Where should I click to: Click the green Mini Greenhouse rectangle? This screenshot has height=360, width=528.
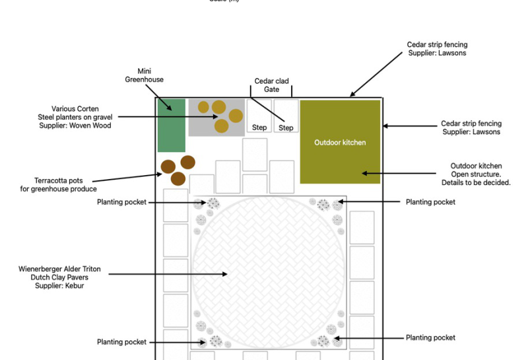(172, 126)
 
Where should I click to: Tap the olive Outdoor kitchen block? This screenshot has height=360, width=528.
(340, 142)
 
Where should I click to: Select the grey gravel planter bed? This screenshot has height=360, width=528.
(216, 118)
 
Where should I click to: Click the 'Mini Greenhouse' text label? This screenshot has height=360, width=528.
(144, 75)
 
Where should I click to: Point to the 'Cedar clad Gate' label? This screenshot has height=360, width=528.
(271, 85)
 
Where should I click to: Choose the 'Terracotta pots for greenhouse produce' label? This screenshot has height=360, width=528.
(58, 185)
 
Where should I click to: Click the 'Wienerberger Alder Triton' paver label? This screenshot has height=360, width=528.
(59, 269)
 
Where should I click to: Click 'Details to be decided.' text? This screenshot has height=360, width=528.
(476, 182)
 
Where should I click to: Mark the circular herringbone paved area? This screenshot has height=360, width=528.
(269, 272)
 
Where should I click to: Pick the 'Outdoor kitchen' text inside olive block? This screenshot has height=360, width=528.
(340, 142)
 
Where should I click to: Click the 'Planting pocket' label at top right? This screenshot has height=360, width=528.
(430, 202)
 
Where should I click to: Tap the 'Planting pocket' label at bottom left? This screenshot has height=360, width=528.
(121, 342)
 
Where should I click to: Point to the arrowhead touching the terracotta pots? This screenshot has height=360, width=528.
(159, 174)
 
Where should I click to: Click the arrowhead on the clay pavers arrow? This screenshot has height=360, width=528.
(224, 274)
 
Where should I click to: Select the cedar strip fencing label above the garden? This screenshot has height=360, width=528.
(437, 48)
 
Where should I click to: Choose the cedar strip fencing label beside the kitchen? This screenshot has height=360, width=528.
(471, 127)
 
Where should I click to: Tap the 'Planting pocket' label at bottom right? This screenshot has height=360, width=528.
(430, 338)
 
